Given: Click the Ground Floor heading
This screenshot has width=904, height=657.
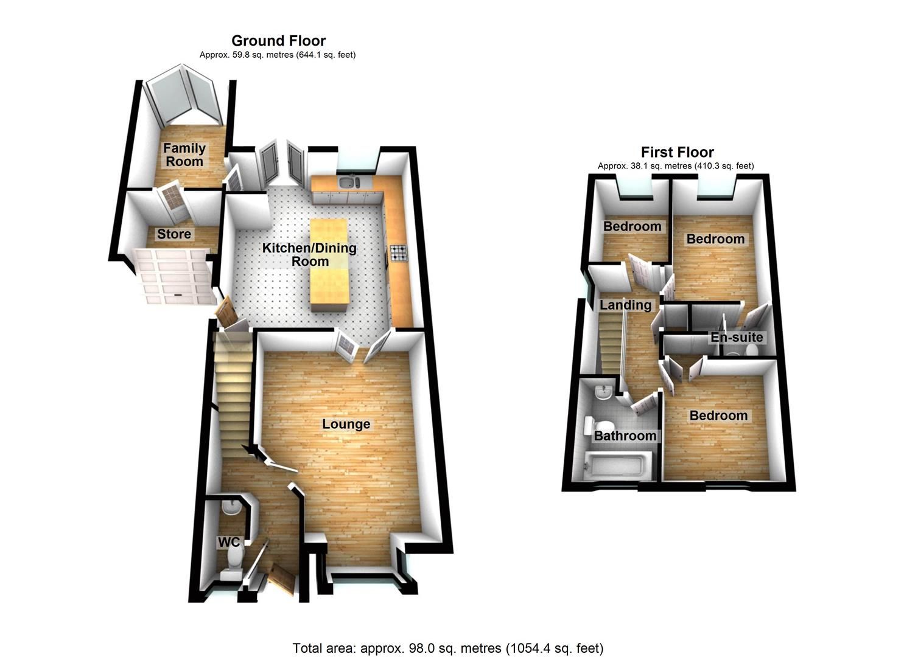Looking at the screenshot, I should point(278,41).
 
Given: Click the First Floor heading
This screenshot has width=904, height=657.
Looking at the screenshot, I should point(677,152).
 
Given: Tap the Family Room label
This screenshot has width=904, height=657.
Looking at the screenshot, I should point(184,155).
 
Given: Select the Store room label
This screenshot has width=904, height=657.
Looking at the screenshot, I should point(174,234).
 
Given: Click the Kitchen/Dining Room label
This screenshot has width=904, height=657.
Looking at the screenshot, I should point(309,255).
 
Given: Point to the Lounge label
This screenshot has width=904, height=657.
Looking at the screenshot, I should point(346,424).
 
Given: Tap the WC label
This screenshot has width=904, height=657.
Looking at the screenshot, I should point(230,541).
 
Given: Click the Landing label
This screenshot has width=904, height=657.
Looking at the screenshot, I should point(625,305).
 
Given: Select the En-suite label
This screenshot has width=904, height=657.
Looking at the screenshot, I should point(737,337).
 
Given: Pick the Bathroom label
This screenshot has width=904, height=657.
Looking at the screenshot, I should point(625,436).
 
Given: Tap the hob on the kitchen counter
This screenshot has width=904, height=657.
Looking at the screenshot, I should point(399,252).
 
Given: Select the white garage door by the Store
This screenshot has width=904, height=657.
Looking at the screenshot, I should point(173,277).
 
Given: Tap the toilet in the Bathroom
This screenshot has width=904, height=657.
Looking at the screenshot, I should point(592,425).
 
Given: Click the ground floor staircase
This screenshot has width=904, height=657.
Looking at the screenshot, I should point(233,389).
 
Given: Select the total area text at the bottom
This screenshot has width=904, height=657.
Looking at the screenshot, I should point(448,648).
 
